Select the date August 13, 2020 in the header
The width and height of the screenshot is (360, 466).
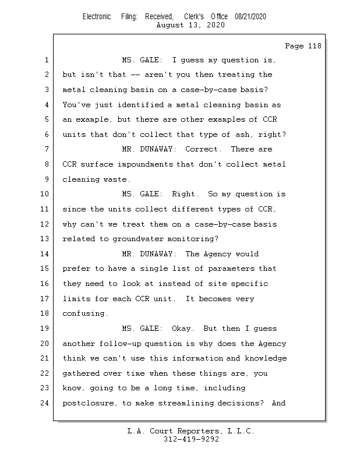(x=191, y=25)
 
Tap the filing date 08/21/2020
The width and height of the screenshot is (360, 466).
(x=250, y=17)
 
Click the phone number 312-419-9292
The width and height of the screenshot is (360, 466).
(x=191, y=439)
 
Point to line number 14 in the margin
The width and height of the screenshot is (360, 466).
(x=45, y=254)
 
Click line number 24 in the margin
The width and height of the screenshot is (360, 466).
(x=45, y=403)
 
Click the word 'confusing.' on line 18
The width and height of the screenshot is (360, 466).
(x=86, y=313)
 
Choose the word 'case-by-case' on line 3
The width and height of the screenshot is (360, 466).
(x=203, y=90)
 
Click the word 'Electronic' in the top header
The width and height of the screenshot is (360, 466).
(x=97, y=17)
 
